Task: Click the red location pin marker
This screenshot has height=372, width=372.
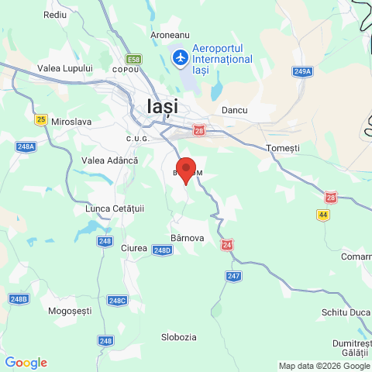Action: pos(186,170)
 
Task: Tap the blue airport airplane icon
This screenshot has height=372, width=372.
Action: pos(179,58)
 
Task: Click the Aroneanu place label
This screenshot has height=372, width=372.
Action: pos(170,36)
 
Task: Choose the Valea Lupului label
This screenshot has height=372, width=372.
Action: pos(65,68)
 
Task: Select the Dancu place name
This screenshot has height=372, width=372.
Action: pos(234,110)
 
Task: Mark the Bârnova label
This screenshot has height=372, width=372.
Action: pos(187,238)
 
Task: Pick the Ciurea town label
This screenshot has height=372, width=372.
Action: pos(134,248)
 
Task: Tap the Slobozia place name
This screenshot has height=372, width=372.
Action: pos(178,337)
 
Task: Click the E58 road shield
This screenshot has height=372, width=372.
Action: pos(135,59)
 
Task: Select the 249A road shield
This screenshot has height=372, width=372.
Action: pos(302,71)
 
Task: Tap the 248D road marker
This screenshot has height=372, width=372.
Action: pos(161,250)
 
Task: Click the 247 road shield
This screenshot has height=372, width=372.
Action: pos(234,276)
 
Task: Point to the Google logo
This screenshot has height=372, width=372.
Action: pos(26,363)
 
